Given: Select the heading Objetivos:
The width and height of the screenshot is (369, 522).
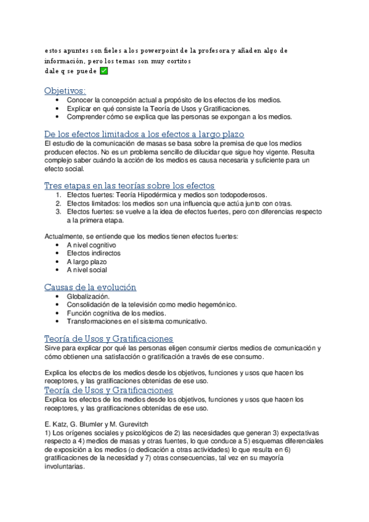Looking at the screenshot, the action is pos(65,91).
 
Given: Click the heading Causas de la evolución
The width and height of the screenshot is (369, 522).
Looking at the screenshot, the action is pos(90,287).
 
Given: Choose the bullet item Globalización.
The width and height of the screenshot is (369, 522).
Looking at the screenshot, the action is pos(88,296).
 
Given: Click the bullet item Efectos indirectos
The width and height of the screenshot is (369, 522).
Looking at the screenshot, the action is pos(94,253).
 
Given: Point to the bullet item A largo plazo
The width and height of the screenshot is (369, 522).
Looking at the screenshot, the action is pos(87,262).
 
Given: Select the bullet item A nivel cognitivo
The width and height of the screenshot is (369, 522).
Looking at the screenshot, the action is pos(91,245).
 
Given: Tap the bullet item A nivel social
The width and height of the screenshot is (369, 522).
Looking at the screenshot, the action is pos(87,270).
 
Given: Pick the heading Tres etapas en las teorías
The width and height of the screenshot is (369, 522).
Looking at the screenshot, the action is pos(129,186).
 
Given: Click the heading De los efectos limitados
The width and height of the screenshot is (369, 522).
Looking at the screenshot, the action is pos(144,134).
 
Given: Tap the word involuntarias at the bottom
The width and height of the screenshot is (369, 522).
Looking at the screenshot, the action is pos(65,467).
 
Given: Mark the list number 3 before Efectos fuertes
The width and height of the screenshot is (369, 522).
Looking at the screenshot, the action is pos(58,211).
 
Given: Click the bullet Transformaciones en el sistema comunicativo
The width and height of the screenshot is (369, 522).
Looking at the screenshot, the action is pos(137,321).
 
